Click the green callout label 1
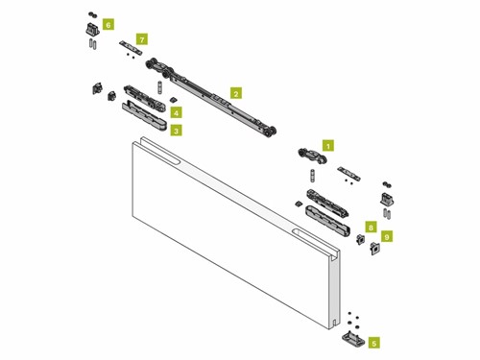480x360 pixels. point(328,146)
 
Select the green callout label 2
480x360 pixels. point(236,93)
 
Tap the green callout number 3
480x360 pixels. point(176,131)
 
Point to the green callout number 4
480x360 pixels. point(176,112)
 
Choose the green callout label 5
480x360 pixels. point(374,343)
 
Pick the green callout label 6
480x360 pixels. point(108,24)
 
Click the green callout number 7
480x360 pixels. point(142,39)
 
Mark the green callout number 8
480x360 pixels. point(371,228)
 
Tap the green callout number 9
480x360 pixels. point(387,237)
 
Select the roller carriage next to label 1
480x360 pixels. point(312,156)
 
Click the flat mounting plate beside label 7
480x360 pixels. point(131,47)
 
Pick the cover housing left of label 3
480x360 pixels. point(144,116)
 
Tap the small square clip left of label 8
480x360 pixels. point(361,239)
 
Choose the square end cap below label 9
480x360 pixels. point(374,249)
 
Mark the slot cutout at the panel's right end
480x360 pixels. point(316,242)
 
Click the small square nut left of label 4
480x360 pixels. point(173,100)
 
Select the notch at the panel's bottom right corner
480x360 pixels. point(334,324)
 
